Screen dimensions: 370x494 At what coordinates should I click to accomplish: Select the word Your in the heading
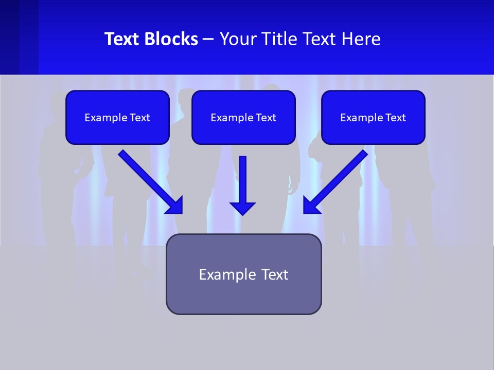click(238, 39)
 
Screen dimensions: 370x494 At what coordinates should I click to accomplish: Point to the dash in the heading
click(208, 40)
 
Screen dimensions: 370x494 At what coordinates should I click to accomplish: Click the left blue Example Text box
click(117, 117)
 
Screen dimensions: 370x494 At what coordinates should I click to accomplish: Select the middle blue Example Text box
click(243, 117)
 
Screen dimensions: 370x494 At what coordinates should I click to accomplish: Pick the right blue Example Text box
click(373, 117)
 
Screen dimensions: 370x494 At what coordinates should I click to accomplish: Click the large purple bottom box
click(243, 274)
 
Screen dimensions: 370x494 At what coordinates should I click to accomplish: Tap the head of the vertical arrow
click(242, 208)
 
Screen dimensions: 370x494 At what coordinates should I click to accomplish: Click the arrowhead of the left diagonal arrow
click(175, 205)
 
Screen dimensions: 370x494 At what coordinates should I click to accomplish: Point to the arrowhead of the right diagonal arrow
click(311, 205)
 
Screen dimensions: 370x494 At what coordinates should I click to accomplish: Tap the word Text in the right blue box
click(395, 118)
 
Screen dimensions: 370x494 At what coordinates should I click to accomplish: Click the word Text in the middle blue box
click(265, 118)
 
